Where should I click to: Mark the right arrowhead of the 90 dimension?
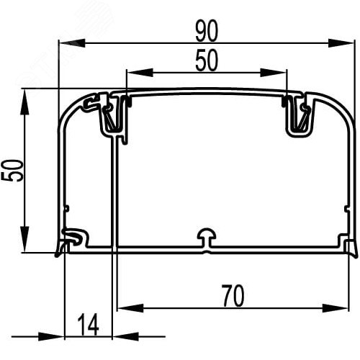tap(349, 42)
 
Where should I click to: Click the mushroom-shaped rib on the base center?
tap(207, 239)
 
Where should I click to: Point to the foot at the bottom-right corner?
tap(351, 248)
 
